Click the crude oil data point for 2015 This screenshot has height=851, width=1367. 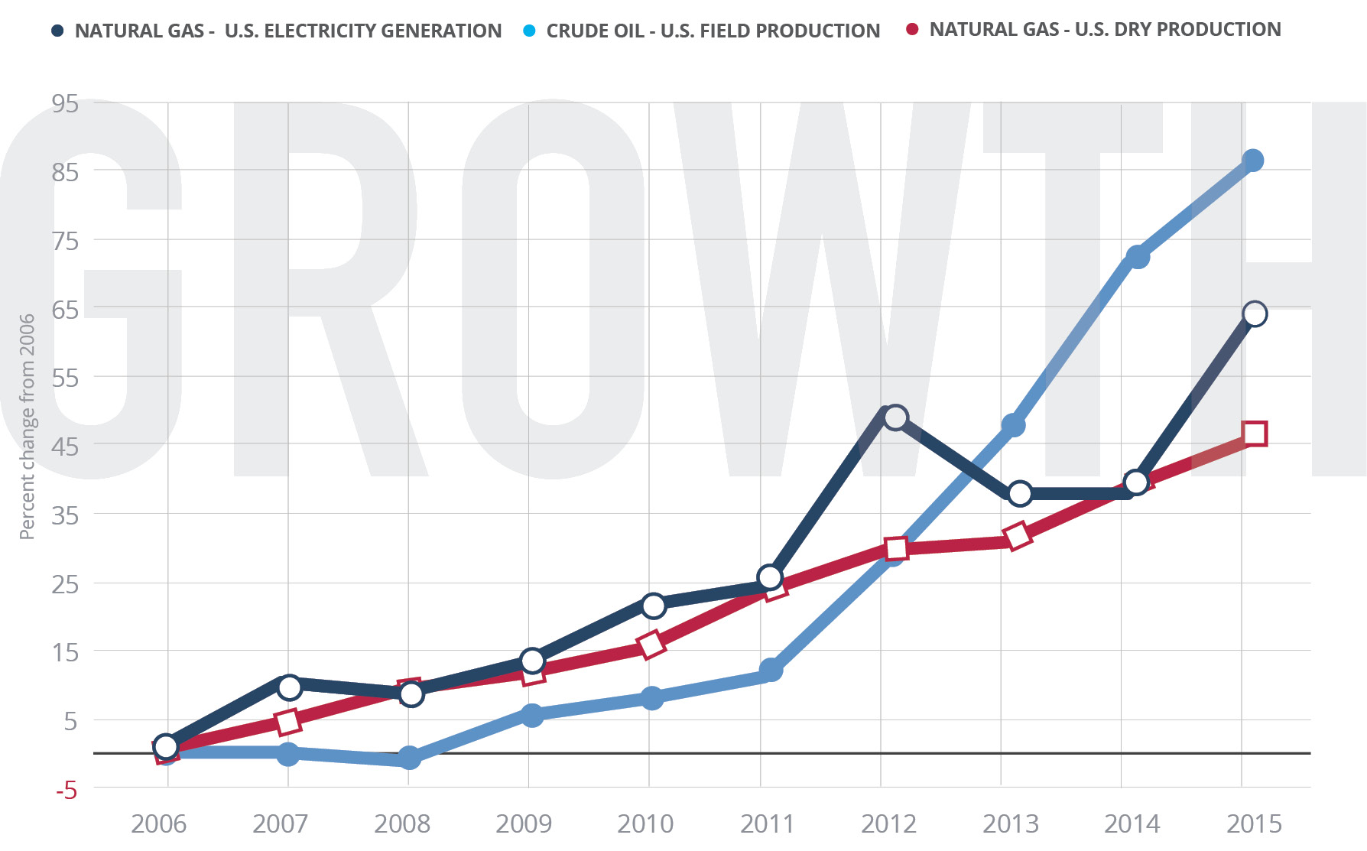(1252, 161)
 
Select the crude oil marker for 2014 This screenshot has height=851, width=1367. (1138, 257)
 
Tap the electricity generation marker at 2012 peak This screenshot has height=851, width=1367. (895, 417)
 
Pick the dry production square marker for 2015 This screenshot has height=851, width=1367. (1255, 434)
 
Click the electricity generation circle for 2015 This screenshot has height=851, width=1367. (1255, 313)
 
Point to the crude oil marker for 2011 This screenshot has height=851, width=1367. (771, 671)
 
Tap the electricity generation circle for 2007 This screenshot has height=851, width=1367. (289, 687)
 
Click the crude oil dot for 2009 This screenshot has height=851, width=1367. (532, 716)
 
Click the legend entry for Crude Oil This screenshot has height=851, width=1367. (713, 31)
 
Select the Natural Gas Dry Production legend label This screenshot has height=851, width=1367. (1105, 30)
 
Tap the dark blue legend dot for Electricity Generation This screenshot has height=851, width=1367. (57, 31)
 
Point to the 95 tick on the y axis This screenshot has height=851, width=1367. (66, 103)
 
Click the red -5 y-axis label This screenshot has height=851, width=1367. (67, 791)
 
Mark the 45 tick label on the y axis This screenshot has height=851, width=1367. (66, 447)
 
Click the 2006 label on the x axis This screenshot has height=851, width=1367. (158, 824)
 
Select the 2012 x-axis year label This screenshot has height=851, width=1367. (888, 824)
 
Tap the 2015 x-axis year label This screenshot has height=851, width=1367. (1254, 824)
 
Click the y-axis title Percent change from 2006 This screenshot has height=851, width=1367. (28, 427)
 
